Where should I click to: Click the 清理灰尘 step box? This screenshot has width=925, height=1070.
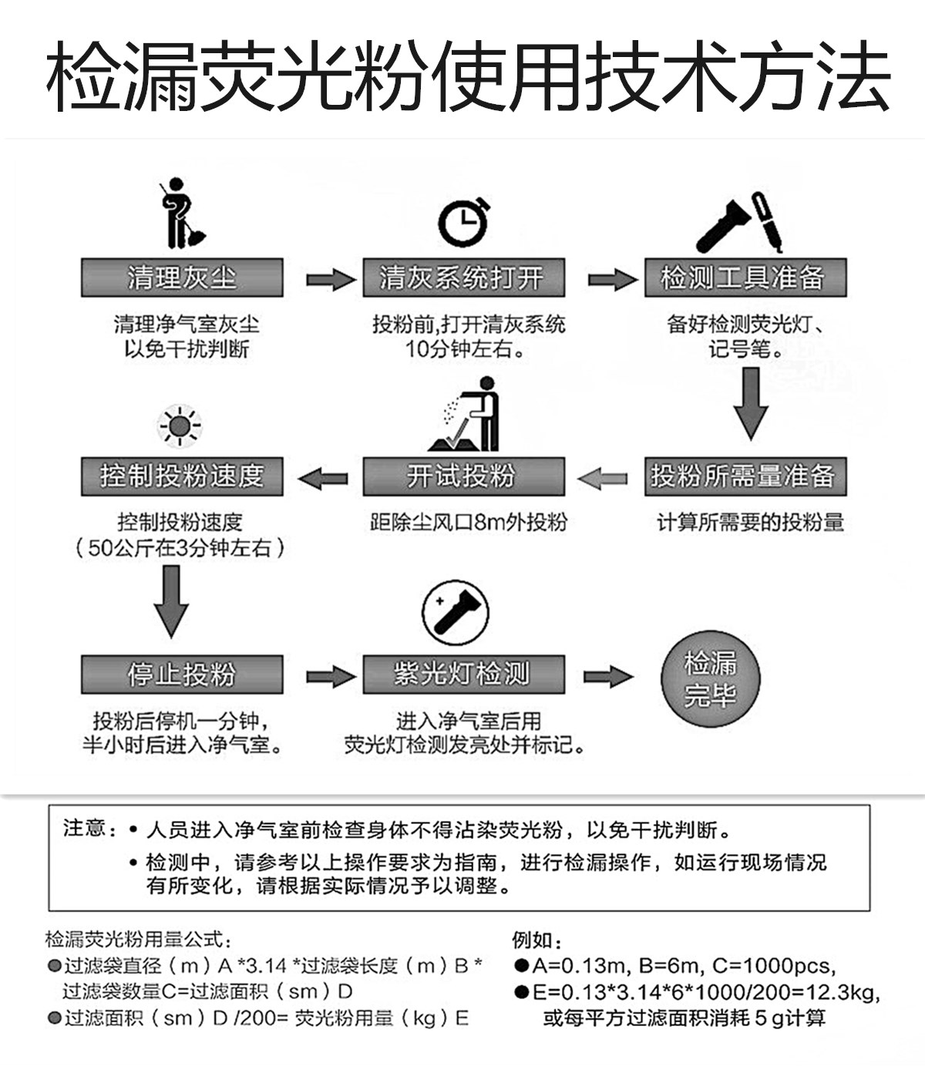coord(182,278)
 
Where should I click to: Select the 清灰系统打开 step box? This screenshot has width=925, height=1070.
coord(463,278)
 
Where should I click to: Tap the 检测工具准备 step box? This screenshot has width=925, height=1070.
coord(745,278)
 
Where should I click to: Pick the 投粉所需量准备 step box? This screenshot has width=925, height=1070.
coord(745,476)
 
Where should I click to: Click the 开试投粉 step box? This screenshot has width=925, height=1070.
coord(463,476)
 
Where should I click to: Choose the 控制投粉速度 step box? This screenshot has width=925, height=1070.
coord(182,476)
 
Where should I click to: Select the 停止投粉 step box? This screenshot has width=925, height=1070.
coord(182,675)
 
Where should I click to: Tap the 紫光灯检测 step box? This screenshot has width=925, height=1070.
coord(463,675)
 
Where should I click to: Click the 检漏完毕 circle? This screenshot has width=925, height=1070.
coord(710,679)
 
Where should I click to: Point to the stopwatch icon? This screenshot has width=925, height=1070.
coord(464,223)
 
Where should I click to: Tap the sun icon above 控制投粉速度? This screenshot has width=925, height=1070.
coord(180,425)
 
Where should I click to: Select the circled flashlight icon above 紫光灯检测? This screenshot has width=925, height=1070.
coord(455,613)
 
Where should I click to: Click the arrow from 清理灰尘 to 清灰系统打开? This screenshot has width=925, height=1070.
coord(330,278)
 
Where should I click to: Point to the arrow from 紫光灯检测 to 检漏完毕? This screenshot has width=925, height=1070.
coord(608,676)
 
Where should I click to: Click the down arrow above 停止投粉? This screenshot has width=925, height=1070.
coord(171,601)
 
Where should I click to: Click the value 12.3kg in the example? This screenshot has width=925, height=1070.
coord(847,992)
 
